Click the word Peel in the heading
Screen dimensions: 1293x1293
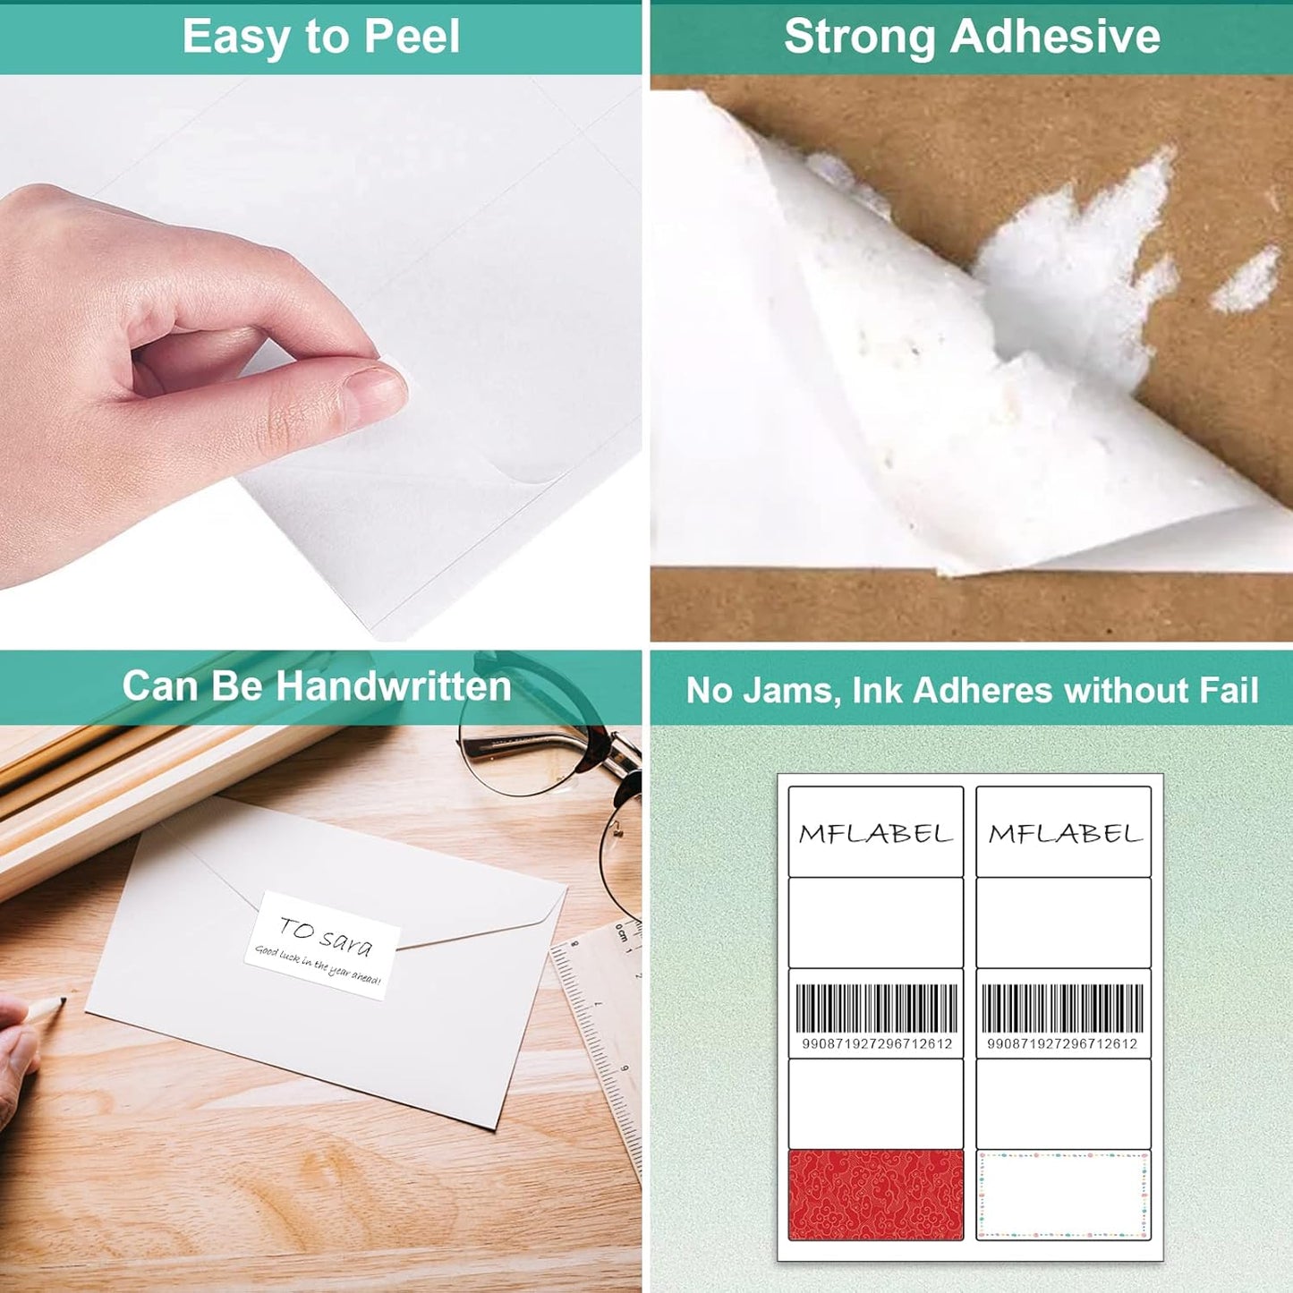point(413,38)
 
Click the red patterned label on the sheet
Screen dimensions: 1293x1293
point(875,1195)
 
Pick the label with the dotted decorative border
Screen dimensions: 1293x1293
point(1063,1195)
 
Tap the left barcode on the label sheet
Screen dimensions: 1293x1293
point(876,1008)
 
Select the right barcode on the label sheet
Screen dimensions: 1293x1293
point(1062,1008)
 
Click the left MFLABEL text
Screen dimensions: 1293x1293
point(875,834)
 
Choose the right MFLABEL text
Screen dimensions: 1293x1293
point(1065,834)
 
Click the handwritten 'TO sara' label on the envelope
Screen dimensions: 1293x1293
point(322,945)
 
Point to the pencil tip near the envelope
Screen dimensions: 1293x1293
point(61,1001)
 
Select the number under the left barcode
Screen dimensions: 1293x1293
point(876,1044)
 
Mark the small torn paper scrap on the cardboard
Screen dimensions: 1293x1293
point(1246,279)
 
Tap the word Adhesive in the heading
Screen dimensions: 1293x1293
point(1055,38)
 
